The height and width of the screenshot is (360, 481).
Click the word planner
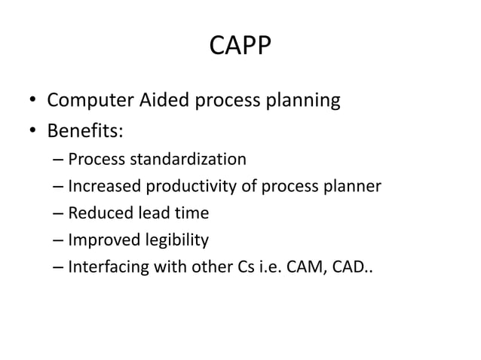click(354, 186)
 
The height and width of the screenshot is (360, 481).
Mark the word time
click(191, 213)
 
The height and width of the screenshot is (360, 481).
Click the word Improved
click(103, 240)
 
